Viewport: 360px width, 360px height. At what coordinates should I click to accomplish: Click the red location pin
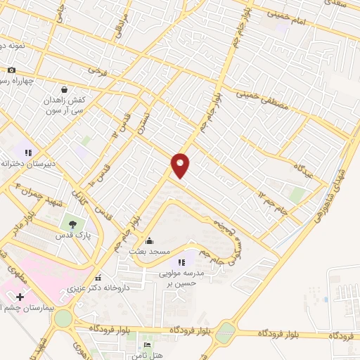click(181, 165)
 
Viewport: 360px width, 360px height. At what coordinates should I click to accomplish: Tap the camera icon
click(11, 70)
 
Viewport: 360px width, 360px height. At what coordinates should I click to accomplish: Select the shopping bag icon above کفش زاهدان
click(65, 89)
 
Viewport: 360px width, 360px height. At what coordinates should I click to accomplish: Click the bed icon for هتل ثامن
click(147, 345)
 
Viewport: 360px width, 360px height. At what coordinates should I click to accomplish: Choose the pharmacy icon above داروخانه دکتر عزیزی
click(99, 276)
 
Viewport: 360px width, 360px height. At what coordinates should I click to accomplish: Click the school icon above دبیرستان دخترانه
click(28, 152)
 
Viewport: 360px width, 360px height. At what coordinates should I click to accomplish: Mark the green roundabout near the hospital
click(63, 319)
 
